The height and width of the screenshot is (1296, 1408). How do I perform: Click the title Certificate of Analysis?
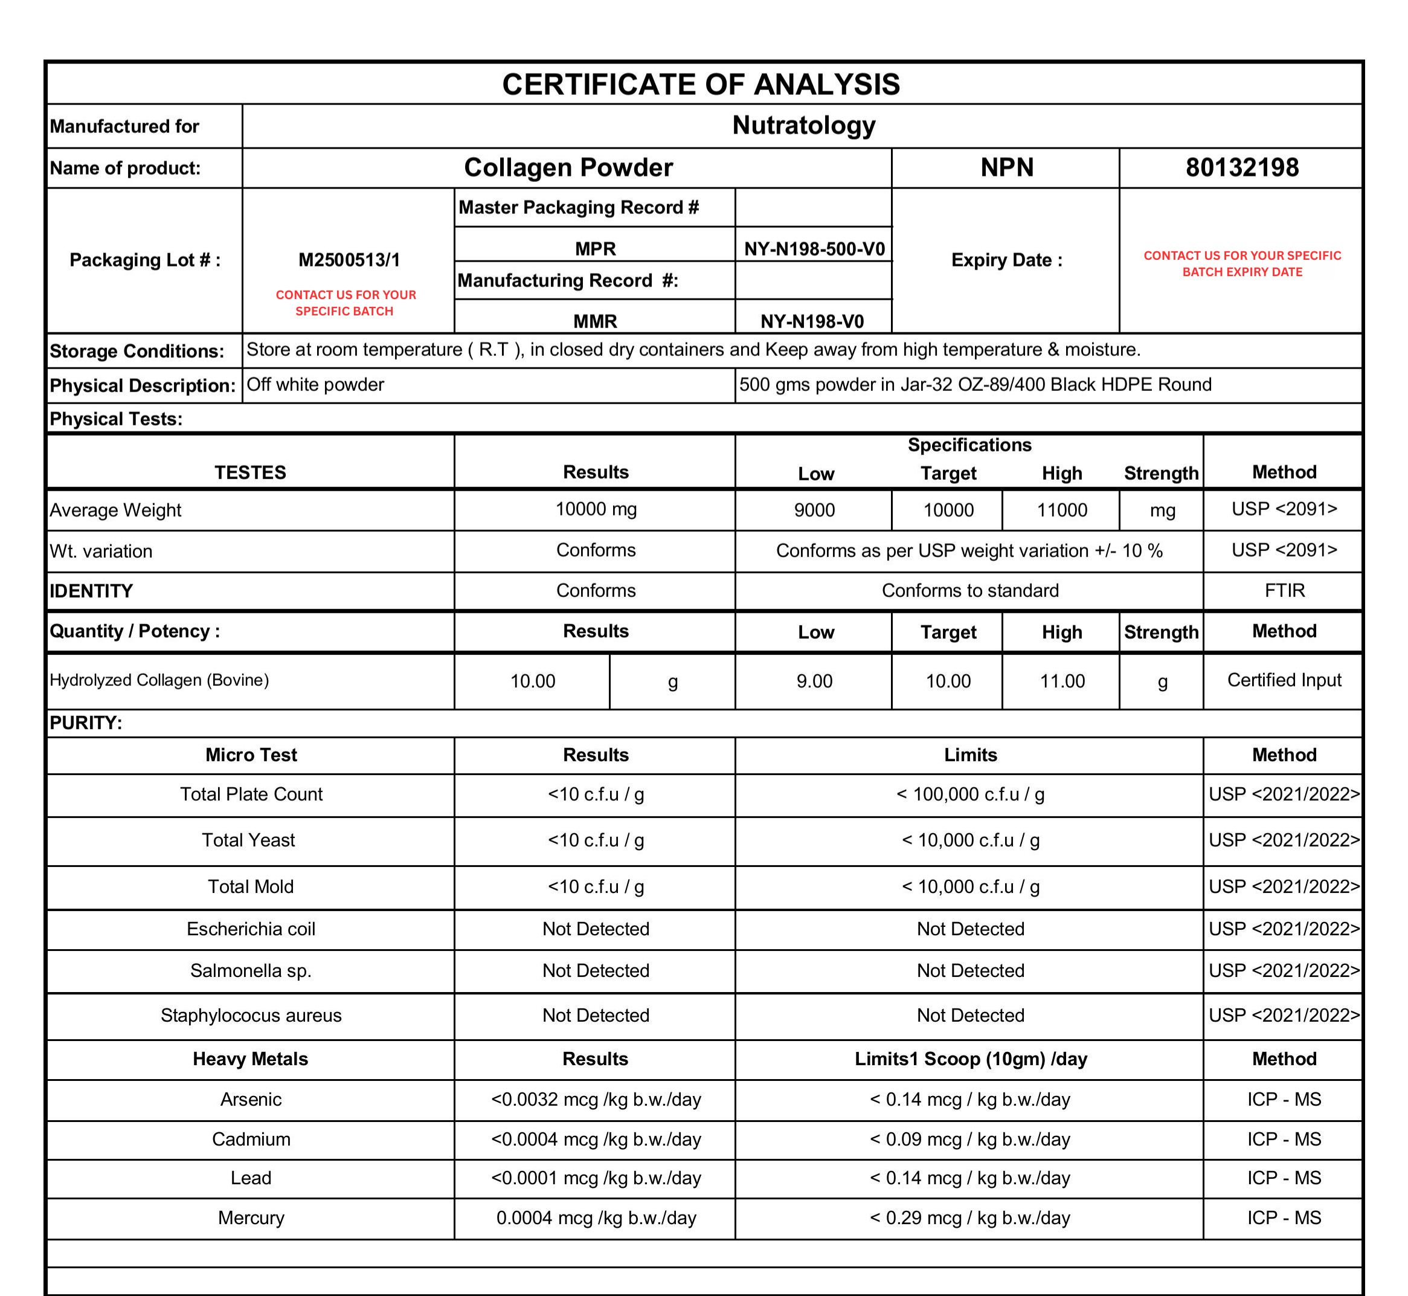click(x=701, y=84)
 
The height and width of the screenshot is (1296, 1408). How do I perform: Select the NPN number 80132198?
click(x=1241, y=167)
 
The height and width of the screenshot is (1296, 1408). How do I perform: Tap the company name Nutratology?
click(x=803, y=126)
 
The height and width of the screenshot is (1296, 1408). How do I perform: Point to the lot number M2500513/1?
click(x=349, y=260)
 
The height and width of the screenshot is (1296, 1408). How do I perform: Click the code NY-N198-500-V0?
click(x=814, y=249)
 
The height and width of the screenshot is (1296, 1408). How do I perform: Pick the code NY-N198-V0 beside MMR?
click(x=812, y=321)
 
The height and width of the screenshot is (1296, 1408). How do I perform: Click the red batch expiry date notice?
click(x=1242, y=263)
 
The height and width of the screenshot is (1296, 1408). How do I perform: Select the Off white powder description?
click(x=315, y=384)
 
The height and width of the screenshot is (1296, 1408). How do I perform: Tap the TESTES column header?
click(x=250, y=472)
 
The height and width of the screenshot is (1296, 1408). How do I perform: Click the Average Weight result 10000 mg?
click(x=596, y=509)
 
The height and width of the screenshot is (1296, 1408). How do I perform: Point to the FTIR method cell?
click(x=1284, y=590)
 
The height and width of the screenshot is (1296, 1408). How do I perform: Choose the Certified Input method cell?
click(x=1284, y=680)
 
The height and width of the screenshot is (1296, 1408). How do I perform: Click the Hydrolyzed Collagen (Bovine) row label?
click(x=159, y=680)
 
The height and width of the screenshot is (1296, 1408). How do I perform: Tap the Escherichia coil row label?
click(x=251, y=929)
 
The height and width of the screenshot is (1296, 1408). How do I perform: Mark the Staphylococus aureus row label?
click(x=251, y=1015)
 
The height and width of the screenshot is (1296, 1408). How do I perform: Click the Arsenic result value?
click(x=596, y=1099)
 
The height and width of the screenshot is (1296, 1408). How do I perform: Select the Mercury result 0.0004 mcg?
click(x=596, y=1217)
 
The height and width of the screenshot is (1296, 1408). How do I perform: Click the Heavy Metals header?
click(x=250, y=1059)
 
